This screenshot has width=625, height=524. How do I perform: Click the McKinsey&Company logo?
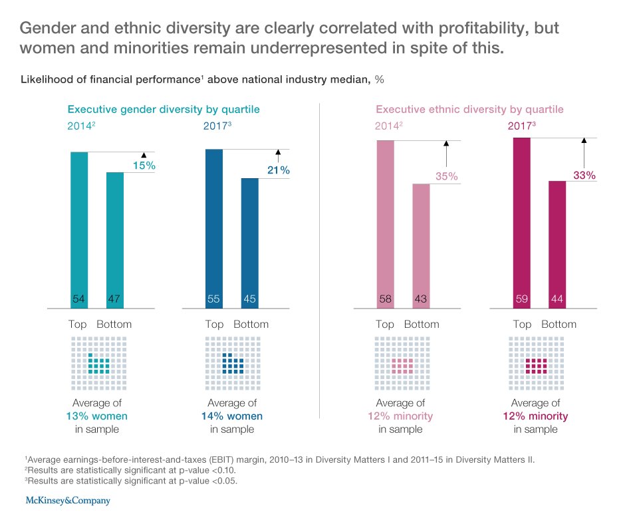67,500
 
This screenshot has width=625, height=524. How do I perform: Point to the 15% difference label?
144,165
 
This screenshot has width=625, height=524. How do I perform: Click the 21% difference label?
278,171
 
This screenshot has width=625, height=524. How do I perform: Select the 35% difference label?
447,176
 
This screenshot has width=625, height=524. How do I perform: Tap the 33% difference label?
584,176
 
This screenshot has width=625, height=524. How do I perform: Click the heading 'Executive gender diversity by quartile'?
164,109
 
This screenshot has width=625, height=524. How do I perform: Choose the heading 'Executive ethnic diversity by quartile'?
469,109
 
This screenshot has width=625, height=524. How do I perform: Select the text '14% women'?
232,416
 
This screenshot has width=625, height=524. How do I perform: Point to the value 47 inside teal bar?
114,300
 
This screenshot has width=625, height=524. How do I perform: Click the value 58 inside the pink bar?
385,300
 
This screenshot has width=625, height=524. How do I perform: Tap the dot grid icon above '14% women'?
232,364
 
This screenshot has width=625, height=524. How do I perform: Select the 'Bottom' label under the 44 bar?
559,325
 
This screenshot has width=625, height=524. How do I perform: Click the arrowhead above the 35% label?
446,142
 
